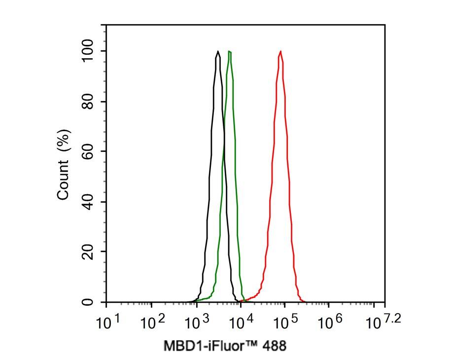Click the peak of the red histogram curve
(280, 51)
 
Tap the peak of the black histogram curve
(217, 51)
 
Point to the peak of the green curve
(229, 51)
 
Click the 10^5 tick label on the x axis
(285, 323)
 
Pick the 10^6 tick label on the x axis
(330, 323)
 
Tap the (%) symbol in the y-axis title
(64, 141)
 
